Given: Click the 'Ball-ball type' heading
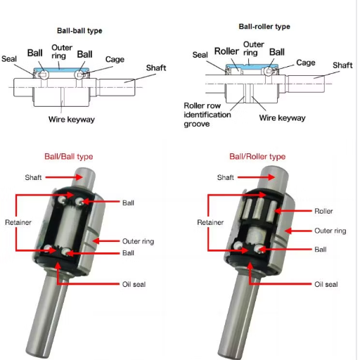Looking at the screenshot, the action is pyautogui.click(x=79, y=31).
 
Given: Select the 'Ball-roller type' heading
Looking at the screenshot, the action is pyautogui.click(x=264, y=27).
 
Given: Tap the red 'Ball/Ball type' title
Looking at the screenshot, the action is pyautogui.click(x=69, y=157).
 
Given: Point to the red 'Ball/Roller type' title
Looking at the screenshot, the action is pyautogui.click(x=257, y=157).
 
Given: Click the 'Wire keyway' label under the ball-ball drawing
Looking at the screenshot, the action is pyautogui.click(x=72, y=120).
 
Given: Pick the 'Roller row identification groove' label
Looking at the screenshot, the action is pyautogui.click(x=207, y=115).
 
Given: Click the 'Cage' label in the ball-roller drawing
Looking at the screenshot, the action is pyautogui.click(x=306, y=63).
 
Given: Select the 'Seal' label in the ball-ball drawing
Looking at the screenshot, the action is pyautogui.click(x=9, y=58).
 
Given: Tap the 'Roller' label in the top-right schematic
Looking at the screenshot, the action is pyautogui.click(x=226, y=51).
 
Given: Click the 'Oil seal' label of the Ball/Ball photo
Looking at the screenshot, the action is pyautogui.click(x=134, y=284).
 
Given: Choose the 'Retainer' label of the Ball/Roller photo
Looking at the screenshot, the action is pyautogui.click(x=210, y=222).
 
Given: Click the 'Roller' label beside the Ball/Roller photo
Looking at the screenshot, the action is pyautogui.click(x=323, y=211).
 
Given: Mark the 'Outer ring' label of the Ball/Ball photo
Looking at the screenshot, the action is pyautogui.click(x=138, y=241).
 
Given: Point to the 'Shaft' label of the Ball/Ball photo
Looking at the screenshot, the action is pyautogui.click(x=33, y=177).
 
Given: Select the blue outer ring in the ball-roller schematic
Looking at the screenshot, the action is pyautogui.click(x=252, y=67).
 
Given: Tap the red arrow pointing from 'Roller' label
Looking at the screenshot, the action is pyautogui.click(x=293, y=211).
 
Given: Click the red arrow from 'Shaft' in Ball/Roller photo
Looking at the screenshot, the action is pyautogui.click(x=256, y=177).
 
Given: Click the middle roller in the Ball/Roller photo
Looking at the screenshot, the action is pyautogui.click(x=259, y=209).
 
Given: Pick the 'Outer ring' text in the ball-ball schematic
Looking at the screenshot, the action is pyautogui.click(x=62, y=52).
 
